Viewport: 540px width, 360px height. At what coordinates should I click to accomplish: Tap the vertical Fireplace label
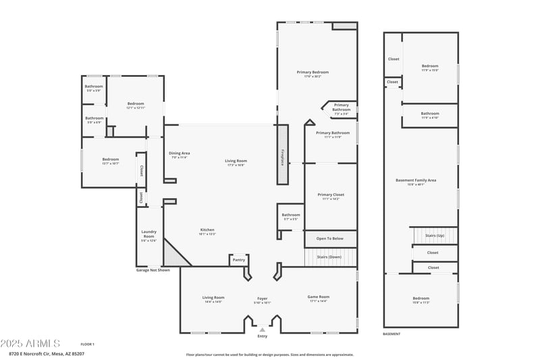(282, 157)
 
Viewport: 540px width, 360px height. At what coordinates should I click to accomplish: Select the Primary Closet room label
(331, 196)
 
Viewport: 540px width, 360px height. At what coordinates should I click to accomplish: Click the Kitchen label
(207, 231)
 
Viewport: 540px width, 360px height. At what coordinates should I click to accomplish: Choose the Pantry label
(238, 259)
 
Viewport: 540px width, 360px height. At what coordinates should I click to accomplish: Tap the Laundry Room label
(148, 236)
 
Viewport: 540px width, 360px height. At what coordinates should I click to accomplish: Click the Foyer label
(263, 299)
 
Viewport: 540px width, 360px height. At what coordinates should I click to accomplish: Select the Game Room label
(317, 299)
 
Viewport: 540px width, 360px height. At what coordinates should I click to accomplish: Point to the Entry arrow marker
(263, 329)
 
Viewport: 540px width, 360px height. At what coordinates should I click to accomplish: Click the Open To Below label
(330, 238)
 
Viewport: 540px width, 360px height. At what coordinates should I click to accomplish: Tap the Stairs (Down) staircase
(330, 257)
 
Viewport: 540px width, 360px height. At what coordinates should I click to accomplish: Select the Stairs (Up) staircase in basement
(434, 236)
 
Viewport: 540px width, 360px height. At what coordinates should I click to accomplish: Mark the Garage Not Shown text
(153, 269)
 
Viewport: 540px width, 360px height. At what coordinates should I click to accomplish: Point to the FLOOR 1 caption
(87, 344)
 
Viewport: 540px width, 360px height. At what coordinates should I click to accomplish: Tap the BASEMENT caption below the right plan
(391, 334)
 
